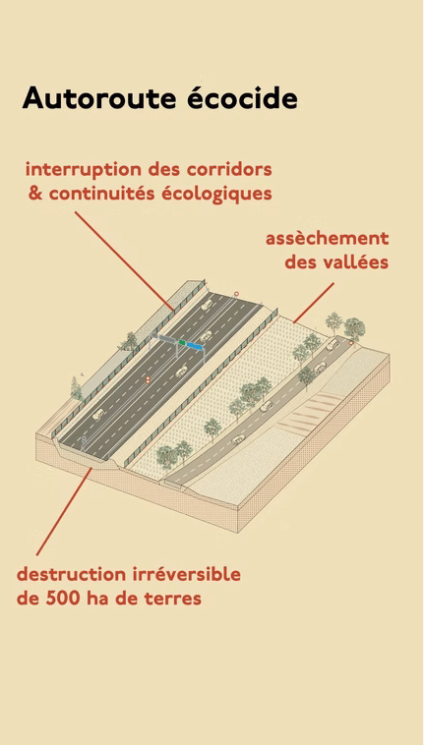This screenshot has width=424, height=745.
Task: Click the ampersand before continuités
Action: (x=35, y=194)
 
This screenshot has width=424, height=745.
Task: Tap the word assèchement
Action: (x=327, y=239)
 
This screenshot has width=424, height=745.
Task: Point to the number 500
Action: (x=63, y=600)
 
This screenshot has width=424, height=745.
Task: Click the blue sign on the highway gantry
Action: (x=195, y=346)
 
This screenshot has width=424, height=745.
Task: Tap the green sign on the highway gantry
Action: (x=182, y=342)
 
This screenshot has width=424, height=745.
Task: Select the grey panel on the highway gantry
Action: (x=166, y=339)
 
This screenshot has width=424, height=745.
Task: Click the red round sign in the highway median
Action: (x=148, y=379)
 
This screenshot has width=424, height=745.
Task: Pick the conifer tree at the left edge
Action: (x=76, y=388)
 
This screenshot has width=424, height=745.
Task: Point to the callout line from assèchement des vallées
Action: (x=314, y=303)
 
